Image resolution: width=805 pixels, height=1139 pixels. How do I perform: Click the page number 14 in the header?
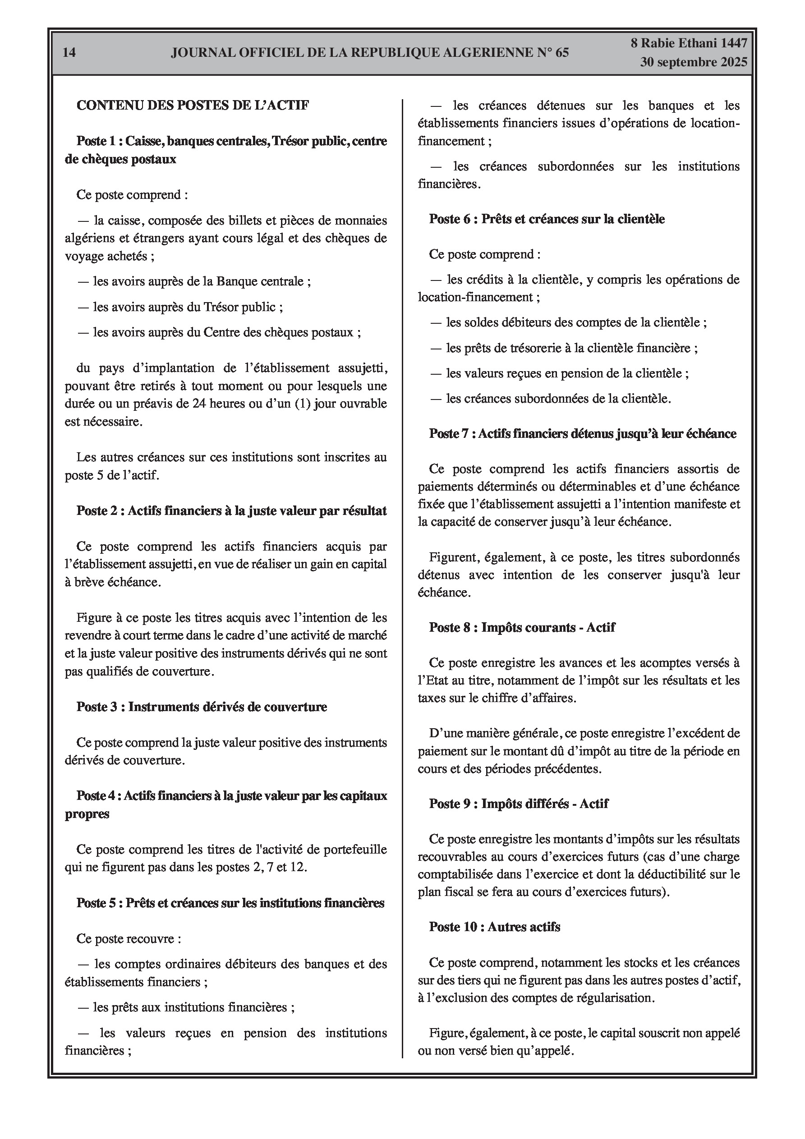click(x=69, y=52)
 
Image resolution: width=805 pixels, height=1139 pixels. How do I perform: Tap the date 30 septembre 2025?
click(x=693, y=63)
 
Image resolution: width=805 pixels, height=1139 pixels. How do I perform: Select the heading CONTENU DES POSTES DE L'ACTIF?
click(x=193, y=105)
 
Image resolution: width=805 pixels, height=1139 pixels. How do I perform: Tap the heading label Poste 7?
click(x=449, y=434)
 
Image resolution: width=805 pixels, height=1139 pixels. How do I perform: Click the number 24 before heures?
click(x=198, y=404)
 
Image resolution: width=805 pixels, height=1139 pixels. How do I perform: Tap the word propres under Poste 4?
click(x=87, y=814)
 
